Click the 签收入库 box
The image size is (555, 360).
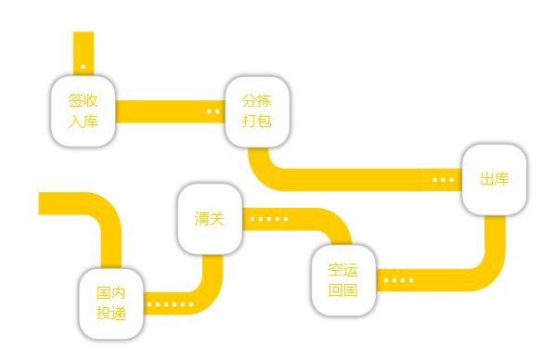83,110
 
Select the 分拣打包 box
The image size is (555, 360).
257,109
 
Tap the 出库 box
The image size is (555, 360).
494,179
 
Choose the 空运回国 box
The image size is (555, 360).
342,278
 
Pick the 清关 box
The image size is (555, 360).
210,220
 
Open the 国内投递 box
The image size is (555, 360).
110,302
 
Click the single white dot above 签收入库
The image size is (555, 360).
84,67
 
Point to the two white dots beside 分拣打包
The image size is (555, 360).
213,111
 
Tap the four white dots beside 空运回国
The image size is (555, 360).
398,280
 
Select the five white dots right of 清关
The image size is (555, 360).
269,220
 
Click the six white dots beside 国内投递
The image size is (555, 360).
171,303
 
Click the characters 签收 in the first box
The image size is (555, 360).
83,100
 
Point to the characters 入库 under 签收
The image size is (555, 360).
83,121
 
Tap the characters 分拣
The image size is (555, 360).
257,99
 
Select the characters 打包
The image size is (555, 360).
257,120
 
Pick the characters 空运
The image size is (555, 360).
342,269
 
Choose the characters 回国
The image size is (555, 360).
342,289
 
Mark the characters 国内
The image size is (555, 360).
110,292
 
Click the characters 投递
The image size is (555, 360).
110,313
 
